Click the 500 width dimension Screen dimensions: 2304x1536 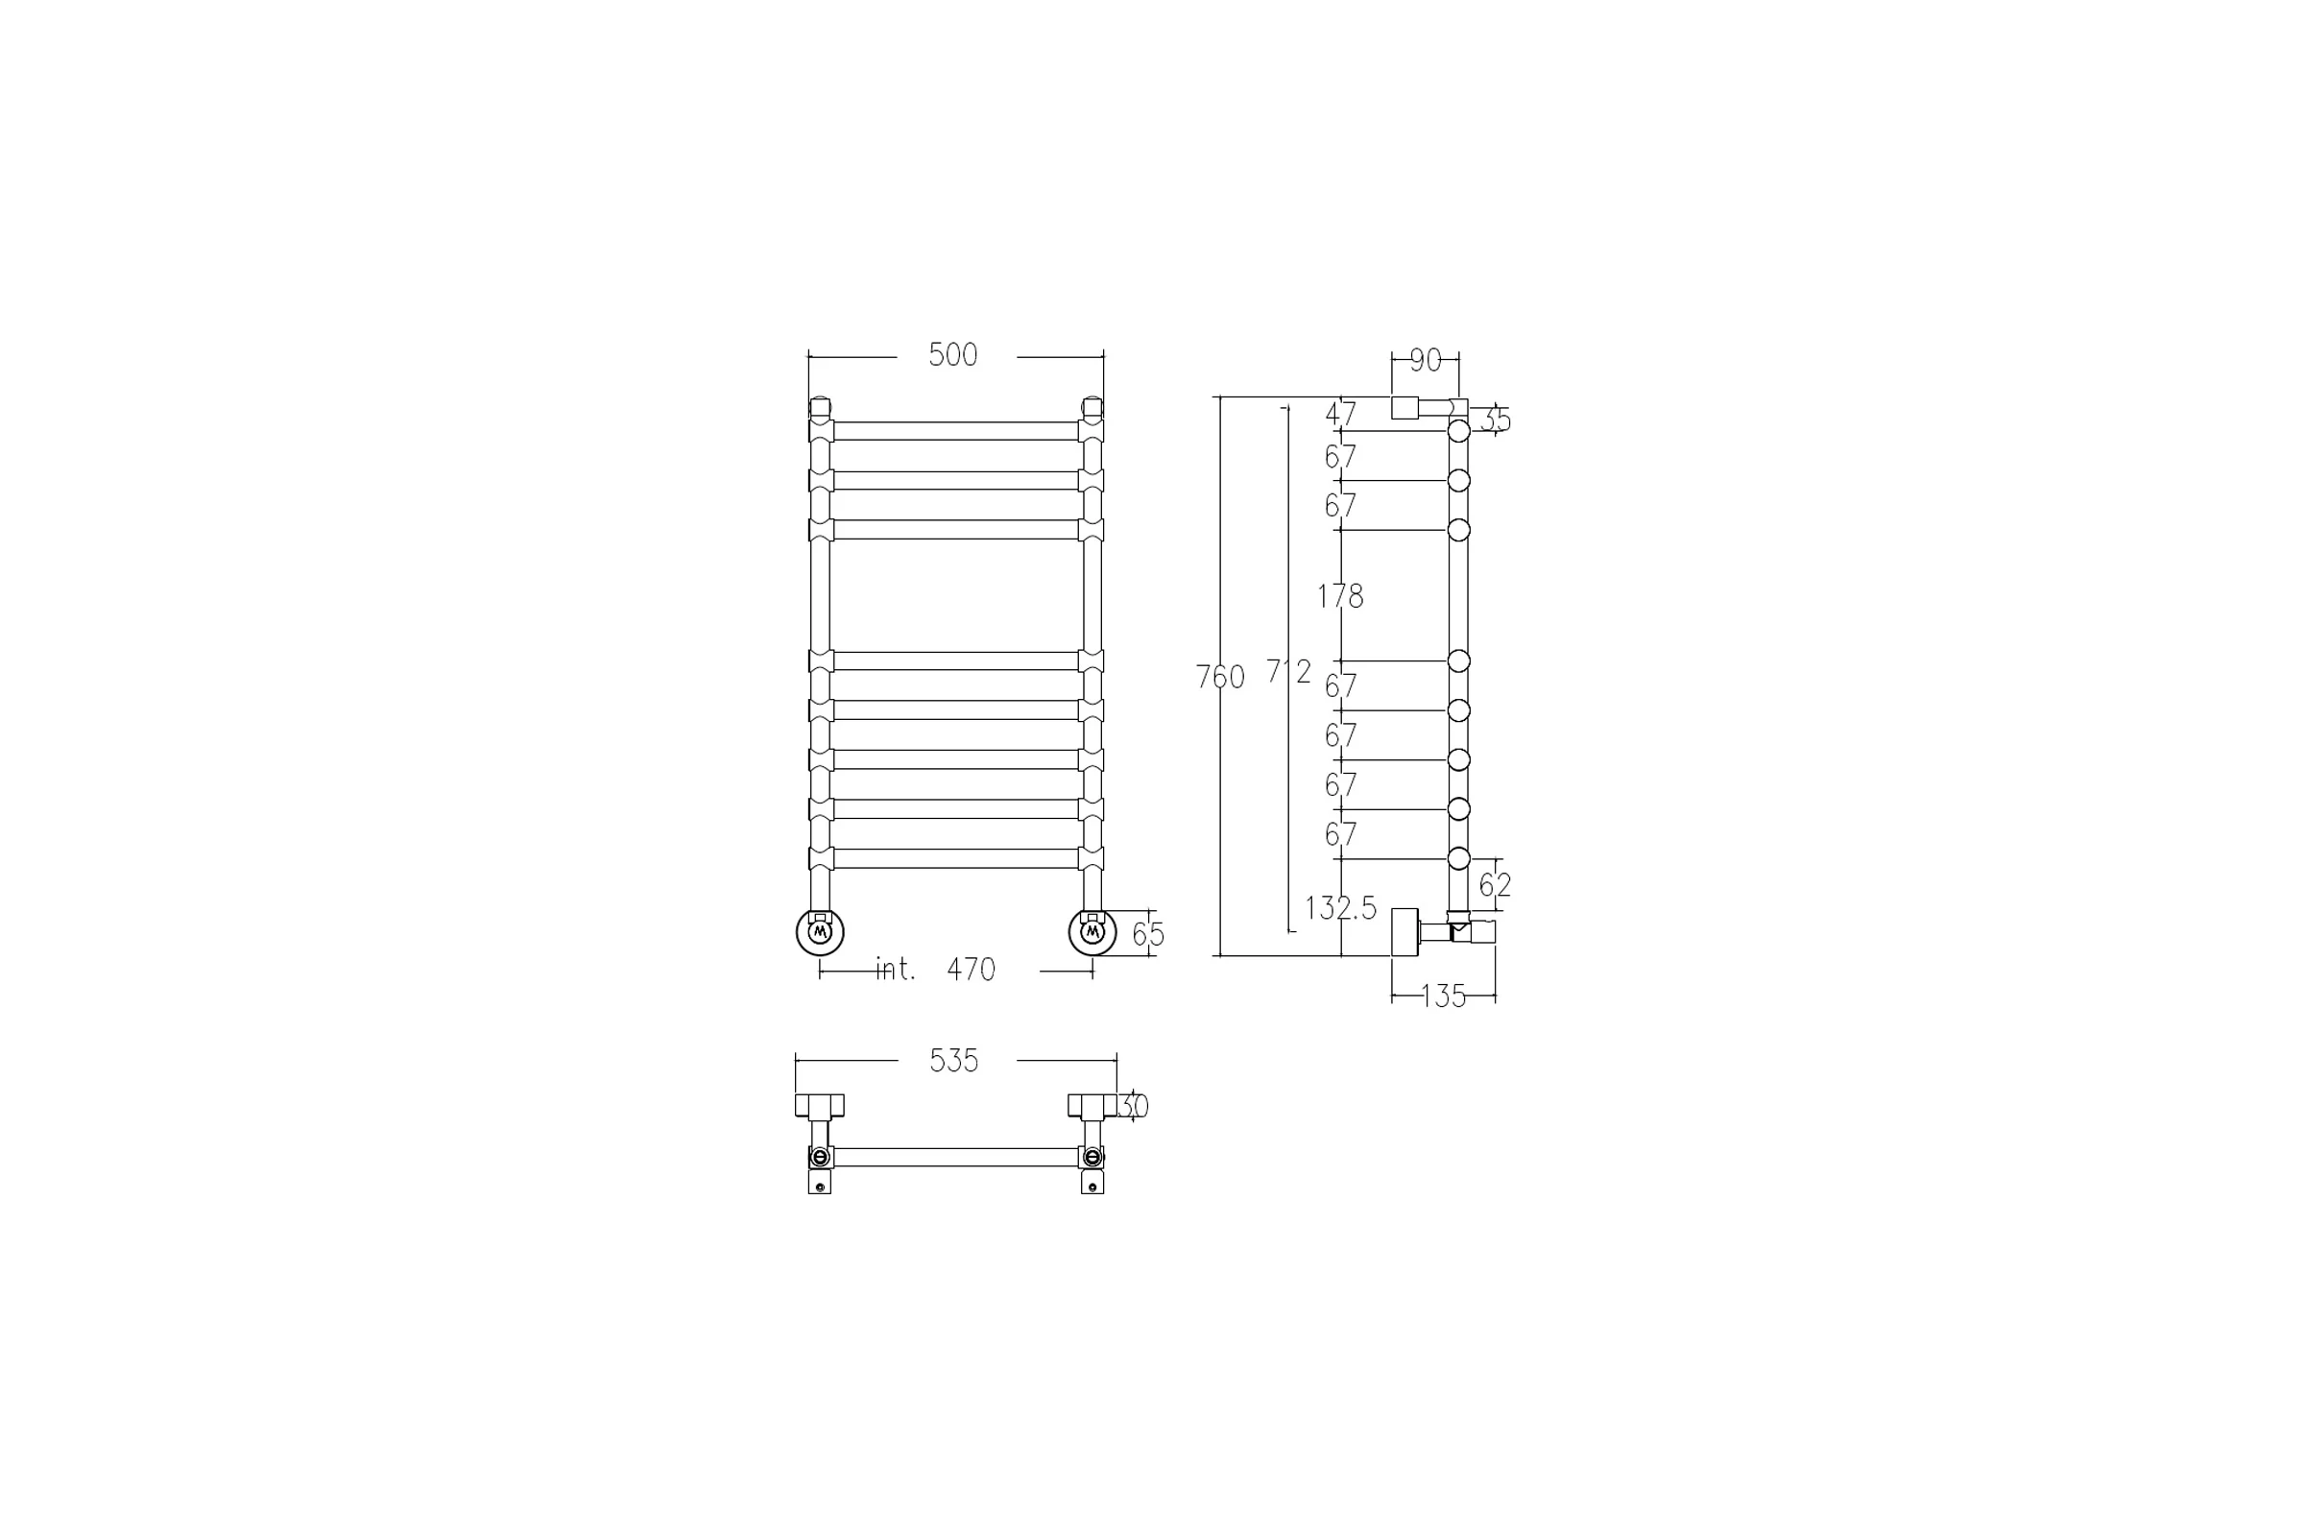click(953, 354)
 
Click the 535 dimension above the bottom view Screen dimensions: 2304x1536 click(954, 1061)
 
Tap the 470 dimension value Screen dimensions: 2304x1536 click(971, 970)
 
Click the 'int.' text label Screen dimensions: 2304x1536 click(896, 969)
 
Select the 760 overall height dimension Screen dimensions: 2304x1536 click(1220, 677)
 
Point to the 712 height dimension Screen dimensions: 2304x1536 click(1288, 671)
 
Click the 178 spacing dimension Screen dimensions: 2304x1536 click(1340, 595)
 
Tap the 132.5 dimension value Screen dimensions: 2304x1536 click(1341, 908)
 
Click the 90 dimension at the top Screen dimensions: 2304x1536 click(1427, 361)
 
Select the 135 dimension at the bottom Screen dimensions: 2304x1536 click(1443, 996)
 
